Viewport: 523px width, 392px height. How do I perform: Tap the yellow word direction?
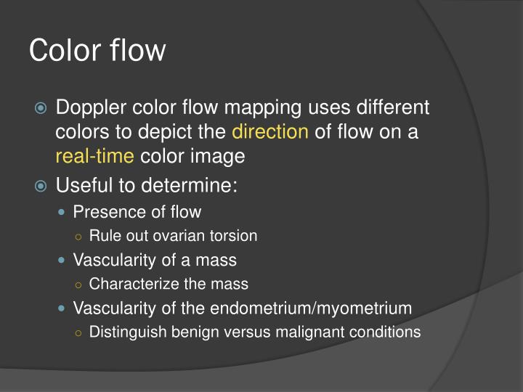270,132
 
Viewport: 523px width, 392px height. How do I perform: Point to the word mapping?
259,108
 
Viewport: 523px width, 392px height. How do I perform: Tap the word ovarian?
187,235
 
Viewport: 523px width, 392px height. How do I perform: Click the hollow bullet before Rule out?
78,236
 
